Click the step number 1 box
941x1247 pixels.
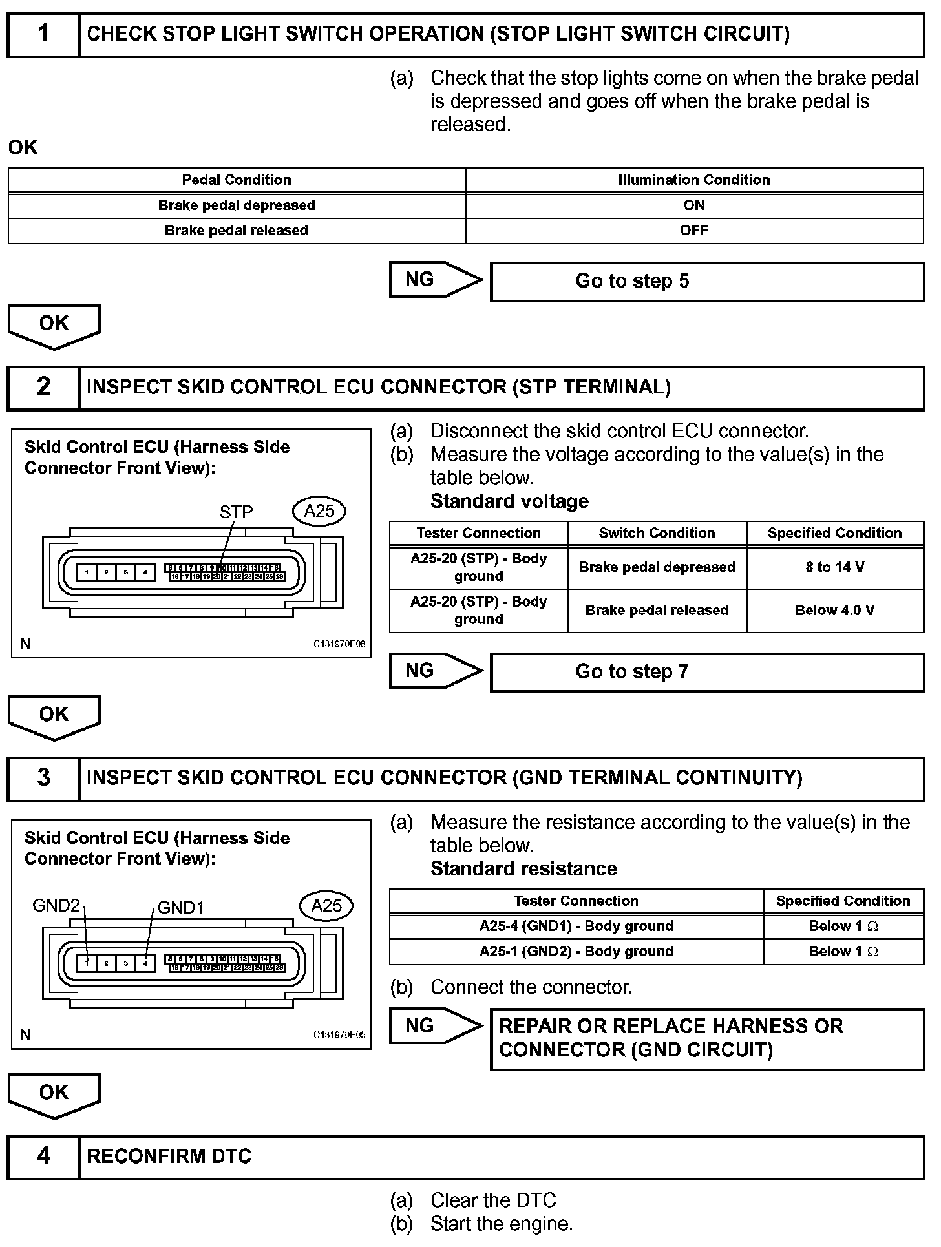pyautogui.click(x=43, y=34)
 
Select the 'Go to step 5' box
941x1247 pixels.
pyautogui.click(x=707, y=281)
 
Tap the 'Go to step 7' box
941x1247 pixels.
pyautogui.click(x=707, y=672)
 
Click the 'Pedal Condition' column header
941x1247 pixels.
pyautogui.click(x=237, y=180)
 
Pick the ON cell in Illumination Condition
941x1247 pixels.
pyautogui.click(x=694, y=205)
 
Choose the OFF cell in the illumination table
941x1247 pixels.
pyautogui.click(x=694, y=231)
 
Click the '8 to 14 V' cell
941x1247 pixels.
pyautogui.click(x=834, y=567)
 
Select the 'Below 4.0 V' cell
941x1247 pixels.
pyautogui.click(x=834, y=611)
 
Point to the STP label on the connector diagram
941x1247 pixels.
pyautogui.click(x=236, y=512)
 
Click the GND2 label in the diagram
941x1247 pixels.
pyautogui.click(x=56, y=906)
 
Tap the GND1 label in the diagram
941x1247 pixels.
pyautogui.click(x=181, y=908)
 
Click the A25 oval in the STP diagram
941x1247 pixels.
pyautogui.click(x=319, y=511)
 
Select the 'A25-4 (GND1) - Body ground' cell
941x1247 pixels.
pyautogui.click(x=576, y=927)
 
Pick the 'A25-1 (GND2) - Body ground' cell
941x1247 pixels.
pyautogui.click(x=576, y=952)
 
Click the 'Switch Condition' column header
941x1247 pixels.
pyautogui.click(x=657, y=534)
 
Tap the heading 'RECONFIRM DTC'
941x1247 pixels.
pyautogui.click(x=169, y=1156)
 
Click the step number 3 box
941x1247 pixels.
pyautogui.click(x=43, y=777)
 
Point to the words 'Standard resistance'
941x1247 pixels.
pyautogui.click(x=523, y=869)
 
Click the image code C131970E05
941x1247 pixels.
pyautogui.click(x=339, y=1035)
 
